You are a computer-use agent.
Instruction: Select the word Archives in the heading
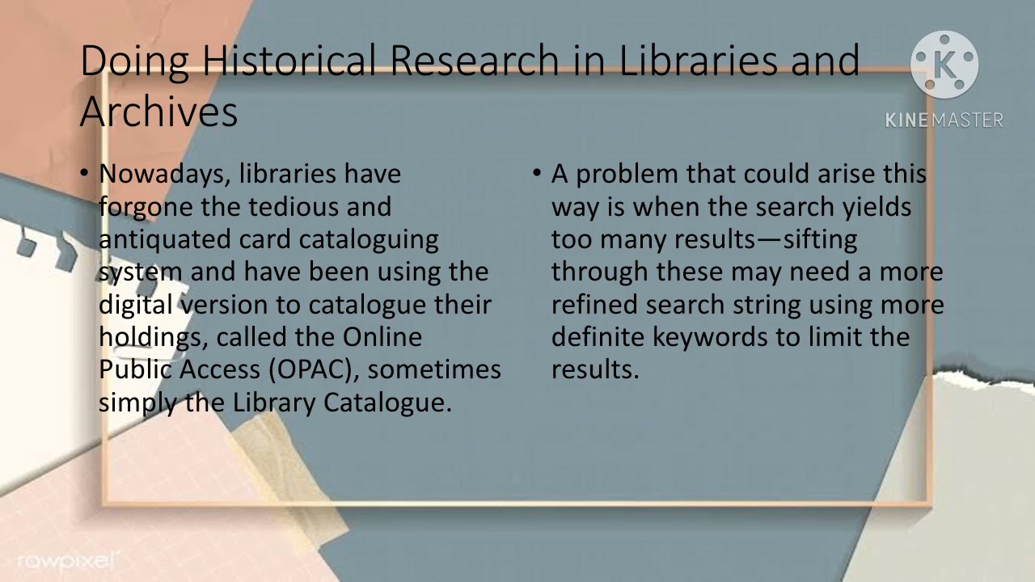pos(158,112)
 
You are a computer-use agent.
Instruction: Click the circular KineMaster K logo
pos(944,65)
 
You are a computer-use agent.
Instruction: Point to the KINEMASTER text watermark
pos(944,120)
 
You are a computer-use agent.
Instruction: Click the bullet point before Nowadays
pos(86,174)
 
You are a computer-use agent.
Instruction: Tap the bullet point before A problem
pos(538,174)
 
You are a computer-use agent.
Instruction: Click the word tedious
pos(293,207)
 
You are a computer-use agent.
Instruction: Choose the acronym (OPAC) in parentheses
pos(313,369)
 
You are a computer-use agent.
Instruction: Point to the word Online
pos(382,337)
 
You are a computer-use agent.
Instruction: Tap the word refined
pos(594,305)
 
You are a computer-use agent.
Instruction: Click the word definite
pos(598,337)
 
